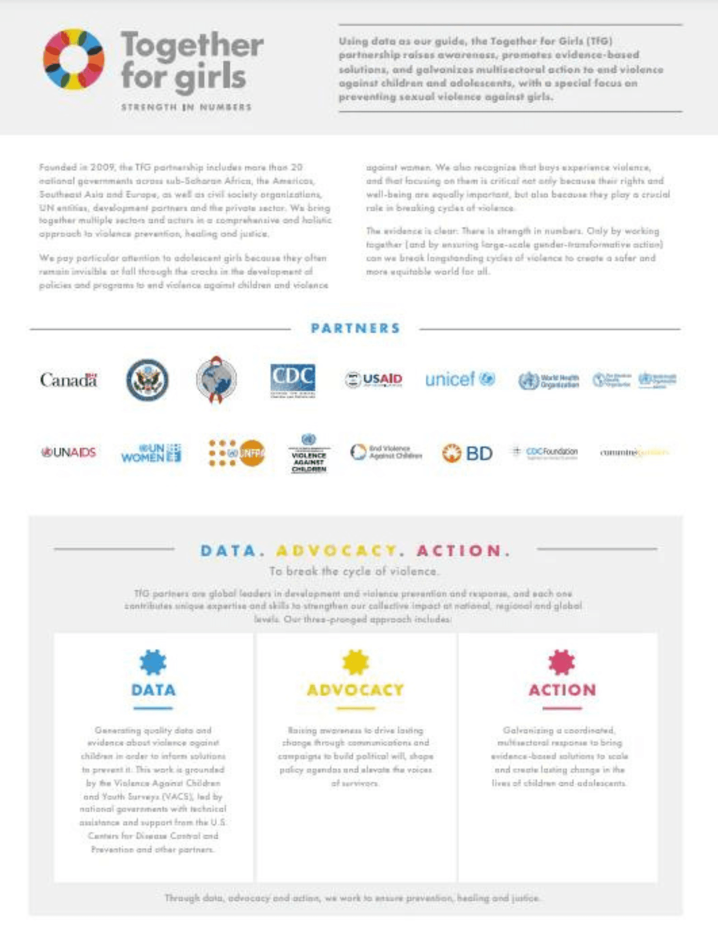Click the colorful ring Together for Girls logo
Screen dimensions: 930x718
tap(73, 59)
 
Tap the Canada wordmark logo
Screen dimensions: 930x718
tap(69, 380)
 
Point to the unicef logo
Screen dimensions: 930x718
tap(460, 379)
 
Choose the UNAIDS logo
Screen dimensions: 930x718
tap(69, 452)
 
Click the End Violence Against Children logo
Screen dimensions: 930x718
tap(386, 452)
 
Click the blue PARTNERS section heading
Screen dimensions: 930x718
tap(355, 328)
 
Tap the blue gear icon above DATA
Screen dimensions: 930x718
tap(153, 662)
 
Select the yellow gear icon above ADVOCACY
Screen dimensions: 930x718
tap(356, 662)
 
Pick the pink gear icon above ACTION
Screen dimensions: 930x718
tap(561, 662)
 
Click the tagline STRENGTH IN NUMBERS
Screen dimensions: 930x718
tap(186, 107)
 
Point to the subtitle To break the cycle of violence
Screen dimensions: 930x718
tap(354, 571)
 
